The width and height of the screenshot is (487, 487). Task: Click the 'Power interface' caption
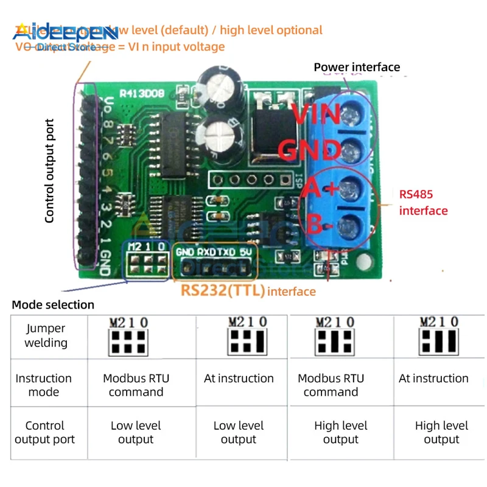point(357,67)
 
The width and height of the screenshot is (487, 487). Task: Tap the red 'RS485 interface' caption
point(423,203)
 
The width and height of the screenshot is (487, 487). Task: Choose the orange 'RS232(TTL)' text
point(223,291)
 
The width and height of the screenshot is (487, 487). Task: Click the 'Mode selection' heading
point(53,304)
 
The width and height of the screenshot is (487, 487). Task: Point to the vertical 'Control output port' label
point(50,170)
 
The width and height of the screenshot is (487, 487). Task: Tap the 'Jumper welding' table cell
point(46,335)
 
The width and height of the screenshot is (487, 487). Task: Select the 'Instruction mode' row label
point(43,385)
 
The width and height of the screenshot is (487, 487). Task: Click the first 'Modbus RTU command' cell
point(136,385)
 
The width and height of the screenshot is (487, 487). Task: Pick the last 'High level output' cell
point(441,432)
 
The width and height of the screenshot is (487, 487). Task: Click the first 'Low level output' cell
point(136,432)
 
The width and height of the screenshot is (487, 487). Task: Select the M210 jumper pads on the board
point(147,262)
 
